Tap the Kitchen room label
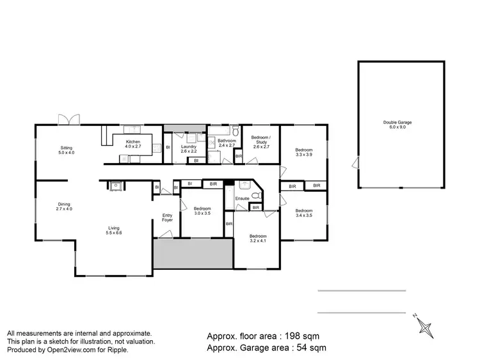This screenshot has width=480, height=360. point(133,144)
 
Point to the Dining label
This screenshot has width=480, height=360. point(63,207)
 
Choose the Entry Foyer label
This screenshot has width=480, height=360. point(168,217)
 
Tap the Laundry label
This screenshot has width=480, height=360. point(188,149)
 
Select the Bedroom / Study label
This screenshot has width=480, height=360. point(261,141)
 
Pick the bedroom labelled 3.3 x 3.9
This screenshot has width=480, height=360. point(305,152)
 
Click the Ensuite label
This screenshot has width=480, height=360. point(242,199)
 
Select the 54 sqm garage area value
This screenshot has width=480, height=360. point(310,348)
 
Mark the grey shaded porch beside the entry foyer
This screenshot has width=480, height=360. point(193,254)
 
